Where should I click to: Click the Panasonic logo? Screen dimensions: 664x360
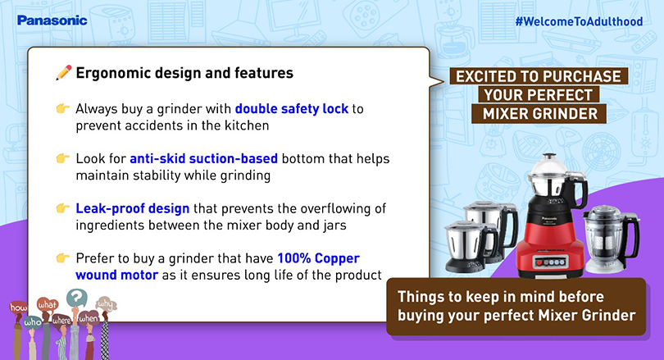click(x=52, y=21)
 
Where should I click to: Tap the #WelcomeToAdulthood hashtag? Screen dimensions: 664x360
click(x=579, y=21)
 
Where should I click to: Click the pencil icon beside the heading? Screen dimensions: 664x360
click(x=63, y=73)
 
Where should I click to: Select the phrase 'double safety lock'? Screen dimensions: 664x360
click(x=292, y=109)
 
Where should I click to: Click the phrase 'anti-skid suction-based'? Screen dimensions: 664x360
click(x=203, y=158)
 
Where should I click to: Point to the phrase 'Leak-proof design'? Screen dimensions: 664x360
click(x=133, y=208)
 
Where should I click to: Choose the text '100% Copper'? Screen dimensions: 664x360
click(x=318, y=258)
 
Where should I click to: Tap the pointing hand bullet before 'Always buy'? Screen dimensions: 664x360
click(x=62, y=109)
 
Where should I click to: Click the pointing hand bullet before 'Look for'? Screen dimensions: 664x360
click(x=62, y=158)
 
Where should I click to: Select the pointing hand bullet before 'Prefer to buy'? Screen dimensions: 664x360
click(x=62, y=258)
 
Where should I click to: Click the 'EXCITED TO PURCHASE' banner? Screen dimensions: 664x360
click(x=539, y=76)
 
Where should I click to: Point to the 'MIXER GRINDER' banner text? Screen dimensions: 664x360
click(x=540, y=114)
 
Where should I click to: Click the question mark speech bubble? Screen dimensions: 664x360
click(x=77, y=298)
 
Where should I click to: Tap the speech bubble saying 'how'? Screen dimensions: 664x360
click(x=18, y=307)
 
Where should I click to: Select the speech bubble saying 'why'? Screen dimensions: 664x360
click(x=106, y=304)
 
